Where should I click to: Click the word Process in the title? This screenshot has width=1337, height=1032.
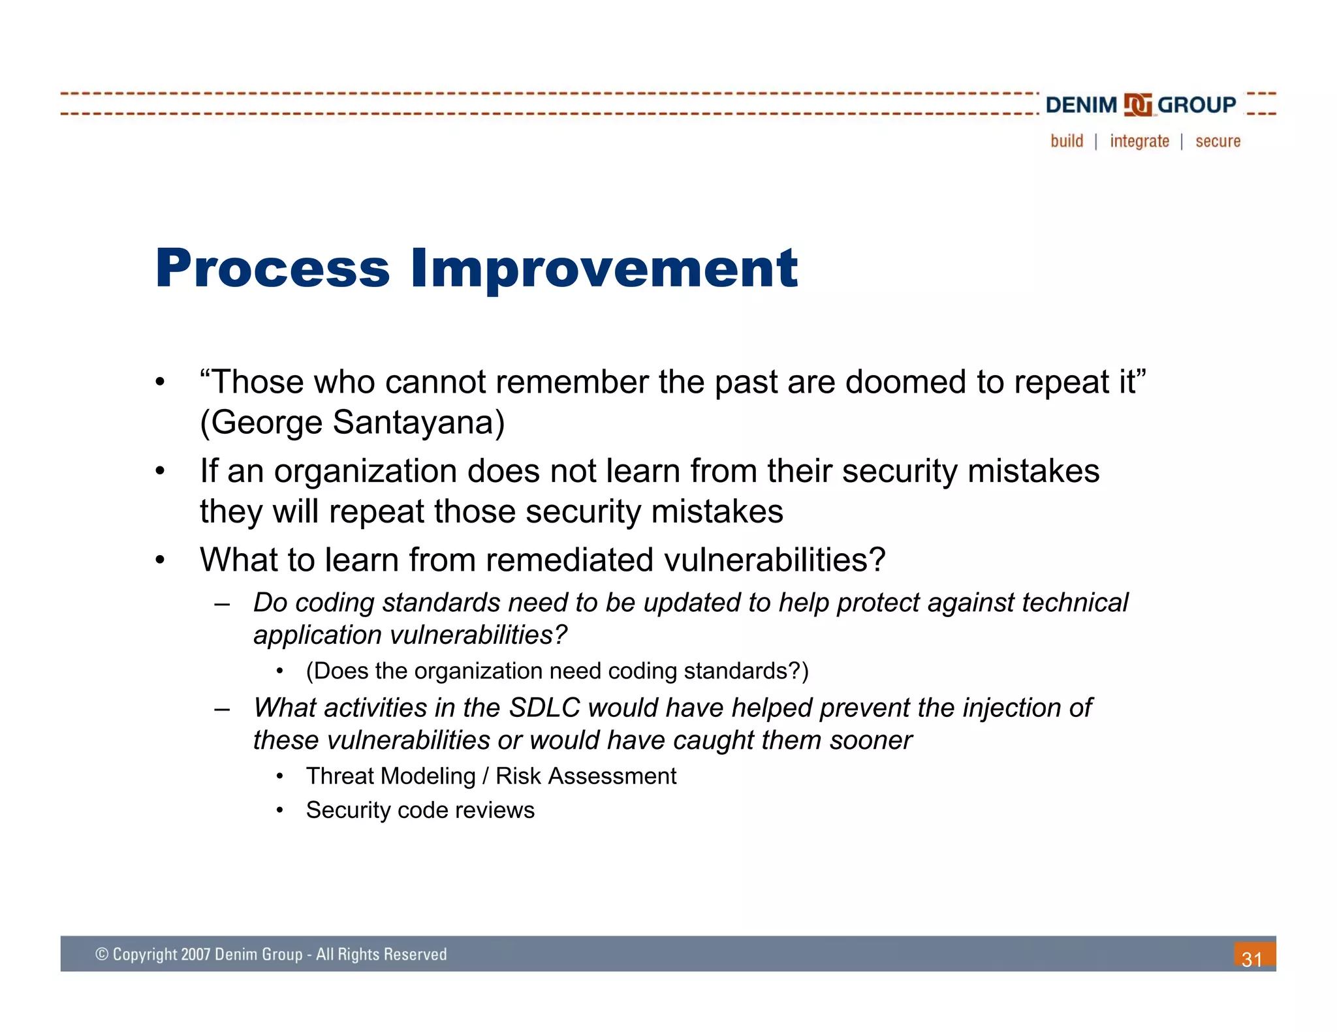coord(272,269)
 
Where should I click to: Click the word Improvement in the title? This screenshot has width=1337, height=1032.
coord(603,269)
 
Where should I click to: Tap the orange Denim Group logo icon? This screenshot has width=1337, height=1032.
coord(1137,105)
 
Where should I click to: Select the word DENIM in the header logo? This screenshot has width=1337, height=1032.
coord(1081,105)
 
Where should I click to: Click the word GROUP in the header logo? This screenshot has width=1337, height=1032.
coord(1197,105)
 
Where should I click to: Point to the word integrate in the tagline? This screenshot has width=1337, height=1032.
coord(1139,142)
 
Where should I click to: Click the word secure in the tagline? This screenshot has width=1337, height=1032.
coord(1218,142)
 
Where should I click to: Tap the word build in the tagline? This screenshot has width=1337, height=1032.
coord(1067,142)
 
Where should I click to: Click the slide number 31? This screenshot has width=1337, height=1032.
coord(1251,959)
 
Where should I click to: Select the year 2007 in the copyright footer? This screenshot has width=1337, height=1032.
coord(195,954)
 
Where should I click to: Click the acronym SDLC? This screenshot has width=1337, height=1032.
coord(544,708)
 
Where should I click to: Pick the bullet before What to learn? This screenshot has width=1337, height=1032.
coord(161,560)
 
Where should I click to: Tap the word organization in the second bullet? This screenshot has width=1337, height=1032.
coord(365,472)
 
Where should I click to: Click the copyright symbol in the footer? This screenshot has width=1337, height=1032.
coord(102,954)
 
